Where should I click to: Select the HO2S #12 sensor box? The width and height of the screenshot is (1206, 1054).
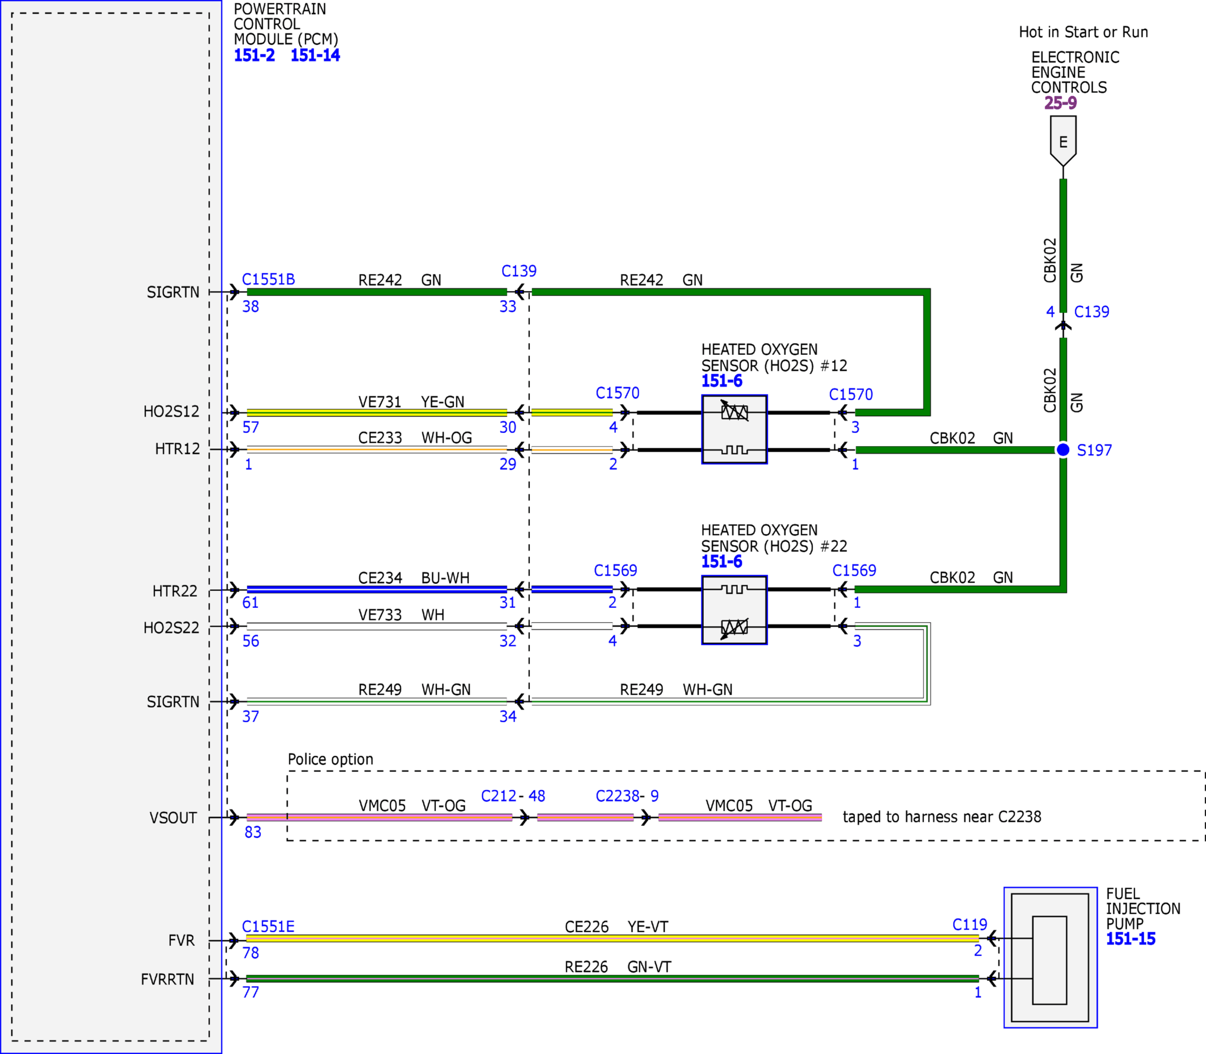click(x=734, y=430)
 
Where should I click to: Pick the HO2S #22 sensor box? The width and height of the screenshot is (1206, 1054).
click(x=734, y=610)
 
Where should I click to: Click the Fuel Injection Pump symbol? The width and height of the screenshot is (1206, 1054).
click(x=1050, y=958)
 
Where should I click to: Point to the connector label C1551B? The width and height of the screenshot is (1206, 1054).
click(x=268, y=280)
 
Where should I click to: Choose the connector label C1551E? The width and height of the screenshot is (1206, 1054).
click(x=268, y=927)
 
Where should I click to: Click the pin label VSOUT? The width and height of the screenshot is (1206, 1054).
click(x=173, y=818)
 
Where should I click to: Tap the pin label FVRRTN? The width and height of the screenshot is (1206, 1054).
click(x=168, y=979)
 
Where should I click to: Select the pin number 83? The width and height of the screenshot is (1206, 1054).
click(x=253, y=832)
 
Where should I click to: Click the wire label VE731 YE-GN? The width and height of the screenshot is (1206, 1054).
click(x=411, y=402)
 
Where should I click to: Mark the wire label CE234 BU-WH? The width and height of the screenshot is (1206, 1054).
click(x=413, y=578)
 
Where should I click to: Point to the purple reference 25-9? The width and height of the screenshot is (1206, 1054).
click(x=1060, y=103)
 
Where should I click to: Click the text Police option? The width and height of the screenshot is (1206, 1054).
click(x=331, y=759)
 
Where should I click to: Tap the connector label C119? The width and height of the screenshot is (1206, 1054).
click(x=969, y=924)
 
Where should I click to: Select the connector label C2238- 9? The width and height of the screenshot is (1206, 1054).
click(x=627, y=796)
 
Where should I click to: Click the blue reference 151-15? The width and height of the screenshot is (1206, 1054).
click(x=1131, y=939)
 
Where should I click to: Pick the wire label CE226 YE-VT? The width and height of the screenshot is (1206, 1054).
click(x=617, y=927)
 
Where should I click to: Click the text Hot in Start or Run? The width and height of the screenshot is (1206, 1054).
click(x=1084, y=32)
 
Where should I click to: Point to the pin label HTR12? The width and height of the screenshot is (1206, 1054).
click(x=177, y=449)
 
